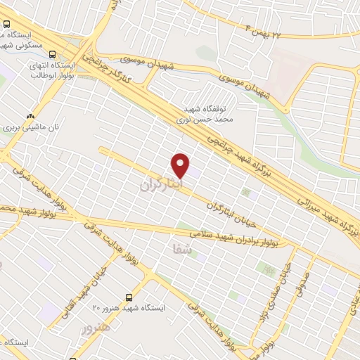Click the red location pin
click(181, 165)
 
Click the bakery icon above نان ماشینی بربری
click(30, 117)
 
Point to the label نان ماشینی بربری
click(30, 129)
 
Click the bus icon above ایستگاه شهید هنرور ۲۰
click(129, 297)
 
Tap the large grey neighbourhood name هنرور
click(96, 328)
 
